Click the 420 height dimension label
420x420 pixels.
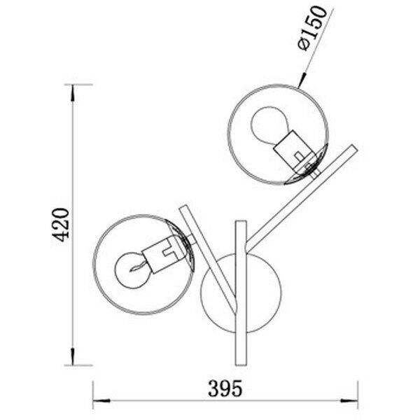coord(60,225)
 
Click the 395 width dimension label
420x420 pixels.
coord(225,388)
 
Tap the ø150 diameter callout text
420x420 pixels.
coord(312,29)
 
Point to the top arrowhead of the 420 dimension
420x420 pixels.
coord(72,93)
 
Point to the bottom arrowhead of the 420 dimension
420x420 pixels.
coord(72,357)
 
